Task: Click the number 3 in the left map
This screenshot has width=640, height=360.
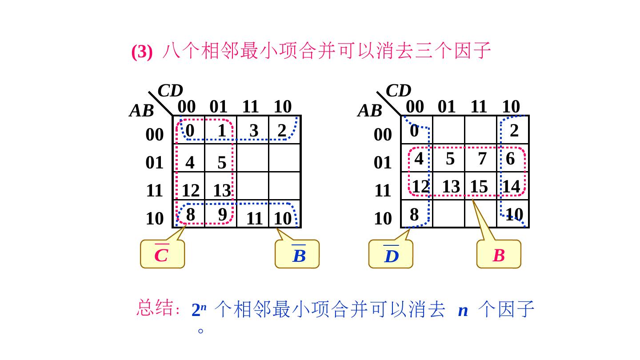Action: click(x=254, y=131)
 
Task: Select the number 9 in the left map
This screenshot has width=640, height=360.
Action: click(x=223, y=214)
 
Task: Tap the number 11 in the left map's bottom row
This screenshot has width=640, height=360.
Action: click(x=254, y=219)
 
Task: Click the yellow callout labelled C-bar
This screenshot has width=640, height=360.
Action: click(x=162, y=254)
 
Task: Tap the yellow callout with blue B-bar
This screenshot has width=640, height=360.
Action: click(x=297, y=254)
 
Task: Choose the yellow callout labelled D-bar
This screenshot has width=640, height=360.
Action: click(x=391, y=254)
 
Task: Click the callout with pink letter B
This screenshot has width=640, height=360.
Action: click(x=499, y=255)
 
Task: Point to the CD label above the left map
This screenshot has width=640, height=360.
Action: click(x=171, y=91)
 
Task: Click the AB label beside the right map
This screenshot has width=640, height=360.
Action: click(x=370, y=111)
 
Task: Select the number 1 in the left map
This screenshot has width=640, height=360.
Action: click(x=222, y=131)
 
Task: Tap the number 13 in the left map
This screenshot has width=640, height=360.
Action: click(x=222, y=191)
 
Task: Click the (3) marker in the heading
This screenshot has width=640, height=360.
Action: click(x=142, y=52)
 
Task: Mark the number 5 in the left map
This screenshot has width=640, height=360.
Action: click(x=222, y=163)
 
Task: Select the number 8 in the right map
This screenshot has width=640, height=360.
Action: click(x=414, y=215)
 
